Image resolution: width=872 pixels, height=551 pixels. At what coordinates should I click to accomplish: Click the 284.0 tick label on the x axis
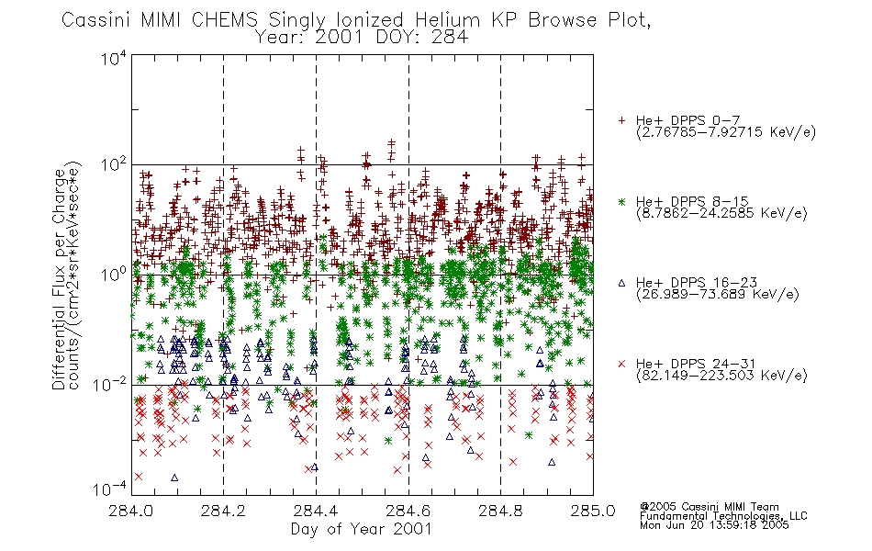pyautogui.click(x=130, y=511)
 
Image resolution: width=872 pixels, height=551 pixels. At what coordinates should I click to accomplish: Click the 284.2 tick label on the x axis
pyautogui.click(x=223, y=511)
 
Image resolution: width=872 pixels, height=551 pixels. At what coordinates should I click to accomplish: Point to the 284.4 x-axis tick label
pyautogui.click(x=316, y=511)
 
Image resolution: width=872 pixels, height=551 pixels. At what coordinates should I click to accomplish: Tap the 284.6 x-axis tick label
pyautogui.click(x=408, y=511)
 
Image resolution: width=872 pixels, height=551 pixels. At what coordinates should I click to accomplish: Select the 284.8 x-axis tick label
pyautogui.click(x=500, y=511)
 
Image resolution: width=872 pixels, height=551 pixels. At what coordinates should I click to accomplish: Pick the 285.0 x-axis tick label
pyautogui.click(x=593, y=511)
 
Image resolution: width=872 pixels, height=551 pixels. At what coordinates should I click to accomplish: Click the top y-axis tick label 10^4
pyautogui.click(x=114, y=58)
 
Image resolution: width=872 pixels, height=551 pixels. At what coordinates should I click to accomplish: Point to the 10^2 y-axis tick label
pyautogui.click(x=114, y=165)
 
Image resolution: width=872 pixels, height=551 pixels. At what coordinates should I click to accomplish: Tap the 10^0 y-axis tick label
pyautogui.click(x=114, y=275)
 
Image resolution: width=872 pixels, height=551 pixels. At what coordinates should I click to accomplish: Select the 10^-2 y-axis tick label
pyautogui.click(x=110, y=384)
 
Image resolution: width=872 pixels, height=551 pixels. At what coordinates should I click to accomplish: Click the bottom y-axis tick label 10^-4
pyautogui.click(x=110, y=489)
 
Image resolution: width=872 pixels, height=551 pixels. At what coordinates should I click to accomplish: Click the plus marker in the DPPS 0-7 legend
pyautogui.click(x=621, y=120)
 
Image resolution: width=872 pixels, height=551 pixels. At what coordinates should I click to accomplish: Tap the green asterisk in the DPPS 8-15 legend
pyautogui.click(x=621, y=201)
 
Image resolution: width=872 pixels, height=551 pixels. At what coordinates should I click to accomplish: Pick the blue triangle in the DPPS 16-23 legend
pyautogui.click(x=621, y=283)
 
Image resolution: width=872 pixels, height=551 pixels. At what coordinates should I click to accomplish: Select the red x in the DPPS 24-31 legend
pyautogui.click(x=621, y=364)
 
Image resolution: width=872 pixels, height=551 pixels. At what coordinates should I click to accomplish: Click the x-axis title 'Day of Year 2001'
pyautogui.click(x=361, y=529)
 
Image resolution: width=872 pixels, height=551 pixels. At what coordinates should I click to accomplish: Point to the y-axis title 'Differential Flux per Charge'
pyautogui.click(x=59, y=279)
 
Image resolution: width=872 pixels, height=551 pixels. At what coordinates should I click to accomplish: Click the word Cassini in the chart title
pyautogui.click(x=95, y=20)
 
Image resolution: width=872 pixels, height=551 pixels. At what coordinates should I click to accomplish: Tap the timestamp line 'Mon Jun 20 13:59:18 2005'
pyautogui.click(x=714, y=525)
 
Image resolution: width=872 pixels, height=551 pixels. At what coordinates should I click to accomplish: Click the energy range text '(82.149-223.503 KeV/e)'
pyautogui.click(x=721, y=376)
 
